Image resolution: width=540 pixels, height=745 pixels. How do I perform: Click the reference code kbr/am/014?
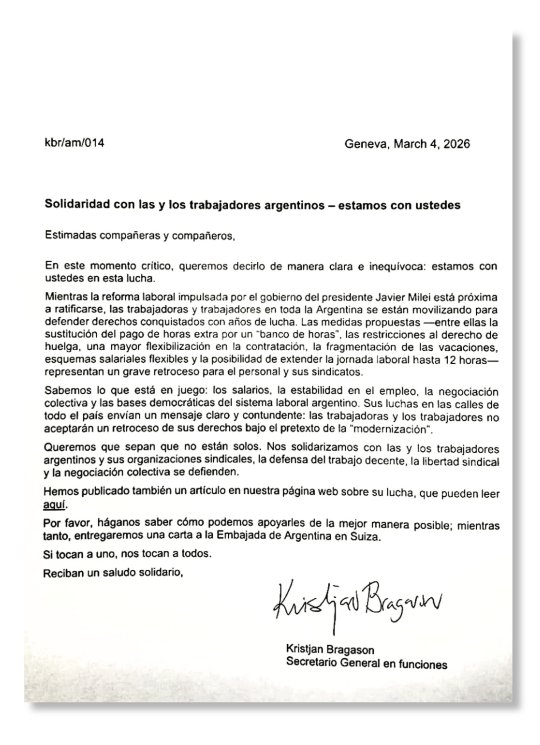click(74, 143)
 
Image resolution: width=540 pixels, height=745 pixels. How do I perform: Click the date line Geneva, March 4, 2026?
click(407, 144)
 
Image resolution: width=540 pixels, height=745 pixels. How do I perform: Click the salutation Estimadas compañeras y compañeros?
click(140, 236)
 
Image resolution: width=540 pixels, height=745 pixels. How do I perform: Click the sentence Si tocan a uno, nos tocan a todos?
click(127, 555)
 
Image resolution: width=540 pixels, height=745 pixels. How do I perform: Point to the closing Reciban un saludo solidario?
click(113, 573)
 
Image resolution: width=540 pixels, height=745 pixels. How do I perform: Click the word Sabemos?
click(68, 392)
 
